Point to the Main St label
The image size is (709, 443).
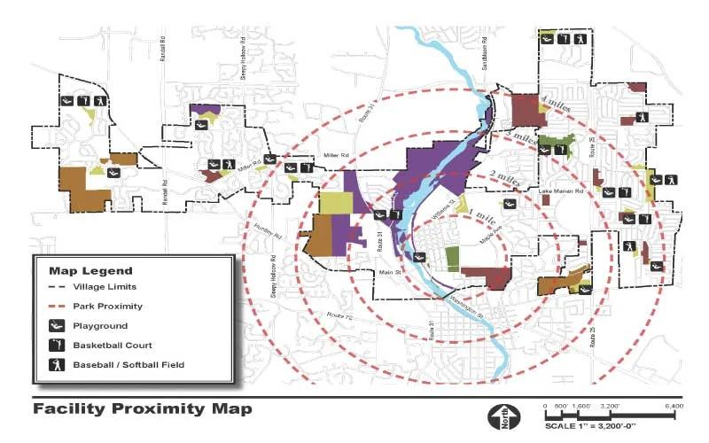[x=390, y=272]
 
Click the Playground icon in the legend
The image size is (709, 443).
[x=55, y=325]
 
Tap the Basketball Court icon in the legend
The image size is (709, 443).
[x=55, y=345]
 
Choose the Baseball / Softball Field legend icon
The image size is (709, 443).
[x=55, y=364]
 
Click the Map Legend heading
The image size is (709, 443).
[x=90, y=270]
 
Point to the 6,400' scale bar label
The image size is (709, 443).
[x=674, y=406]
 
